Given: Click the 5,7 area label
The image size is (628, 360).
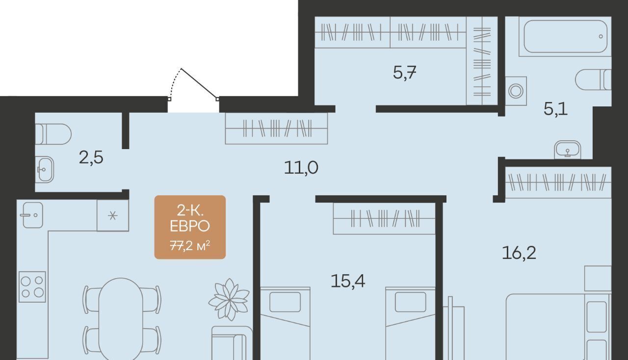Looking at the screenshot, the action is tap(404, 73).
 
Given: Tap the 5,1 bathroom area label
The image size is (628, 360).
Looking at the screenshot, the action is tap(555, 109).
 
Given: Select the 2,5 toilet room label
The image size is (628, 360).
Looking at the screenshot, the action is tap(91, 157).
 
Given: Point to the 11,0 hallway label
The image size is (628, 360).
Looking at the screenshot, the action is tap(301, 168).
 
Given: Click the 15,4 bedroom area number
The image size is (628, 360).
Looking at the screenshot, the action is tap(348, 281).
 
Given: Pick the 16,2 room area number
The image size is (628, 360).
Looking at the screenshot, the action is tap(519, 253).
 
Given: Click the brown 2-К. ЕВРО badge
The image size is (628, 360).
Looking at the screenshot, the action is tap(190, 227).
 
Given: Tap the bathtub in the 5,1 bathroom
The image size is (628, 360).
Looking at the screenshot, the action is tap(565, 36).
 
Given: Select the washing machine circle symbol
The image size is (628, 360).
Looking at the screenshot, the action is tap(516, 91).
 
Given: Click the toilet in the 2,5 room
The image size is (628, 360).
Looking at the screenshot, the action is tap(53, 134).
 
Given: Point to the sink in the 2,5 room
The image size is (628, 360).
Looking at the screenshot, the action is tap(45, 169).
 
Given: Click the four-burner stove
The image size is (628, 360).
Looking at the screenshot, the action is tap(32, 286).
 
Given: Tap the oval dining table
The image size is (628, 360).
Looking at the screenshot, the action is tap(121, 319).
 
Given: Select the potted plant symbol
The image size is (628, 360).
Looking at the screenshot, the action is tap(229, 300).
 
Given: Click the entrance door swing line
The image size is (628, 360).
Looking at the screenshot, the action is tap(199, 83).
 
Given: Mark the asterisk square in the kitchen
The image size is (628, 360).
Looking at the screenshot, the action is tap(113, 215).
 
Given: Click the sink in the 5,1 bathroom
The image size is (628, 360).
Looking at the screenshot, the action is tap(568, 150).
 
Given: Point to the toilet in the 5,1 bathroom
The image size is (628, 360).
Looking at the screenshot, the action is tap(593, 79).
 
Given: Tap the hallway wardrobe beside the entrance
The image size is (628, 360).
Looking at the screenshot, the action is tap(276, 129).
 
